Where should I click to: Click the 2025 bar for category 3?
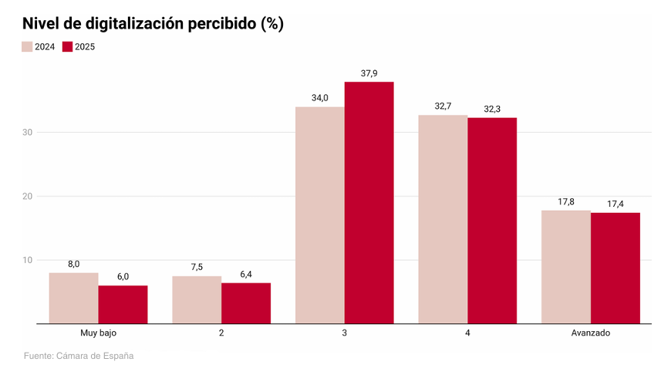pos(369,202)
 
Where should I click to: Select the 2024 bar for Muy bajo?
pos(73,298)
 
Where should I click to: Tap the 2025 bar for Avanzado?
pos(615,268)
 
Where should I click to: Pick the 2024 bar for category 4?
pos(443,219)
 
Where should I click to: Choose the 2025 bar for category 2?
pos(246,303)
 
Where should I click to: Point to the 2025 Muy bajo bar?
pos(123,304)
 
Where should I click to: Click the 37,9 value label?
pos(369,73)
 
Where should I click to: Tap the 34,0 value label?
pos(320,98)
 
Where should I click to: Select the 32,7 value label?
pos(443,106)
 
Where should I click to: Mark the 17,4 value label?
pos(615,204)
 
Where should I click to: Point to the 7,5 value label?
pos(197,267)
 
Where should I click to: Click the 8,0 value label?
pos(74,264)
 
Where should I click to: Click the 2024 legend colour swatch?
pos(27,47)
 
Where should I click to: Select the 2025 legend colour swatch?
pos(68,47)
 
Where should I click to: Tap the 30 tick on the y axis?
pos(27,132)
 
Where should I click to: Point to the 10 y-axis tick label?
pos(27,260)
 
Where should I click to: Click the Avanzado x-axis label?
pos(591,333)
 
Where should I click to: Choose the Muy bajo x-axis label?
pos(98,333)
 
